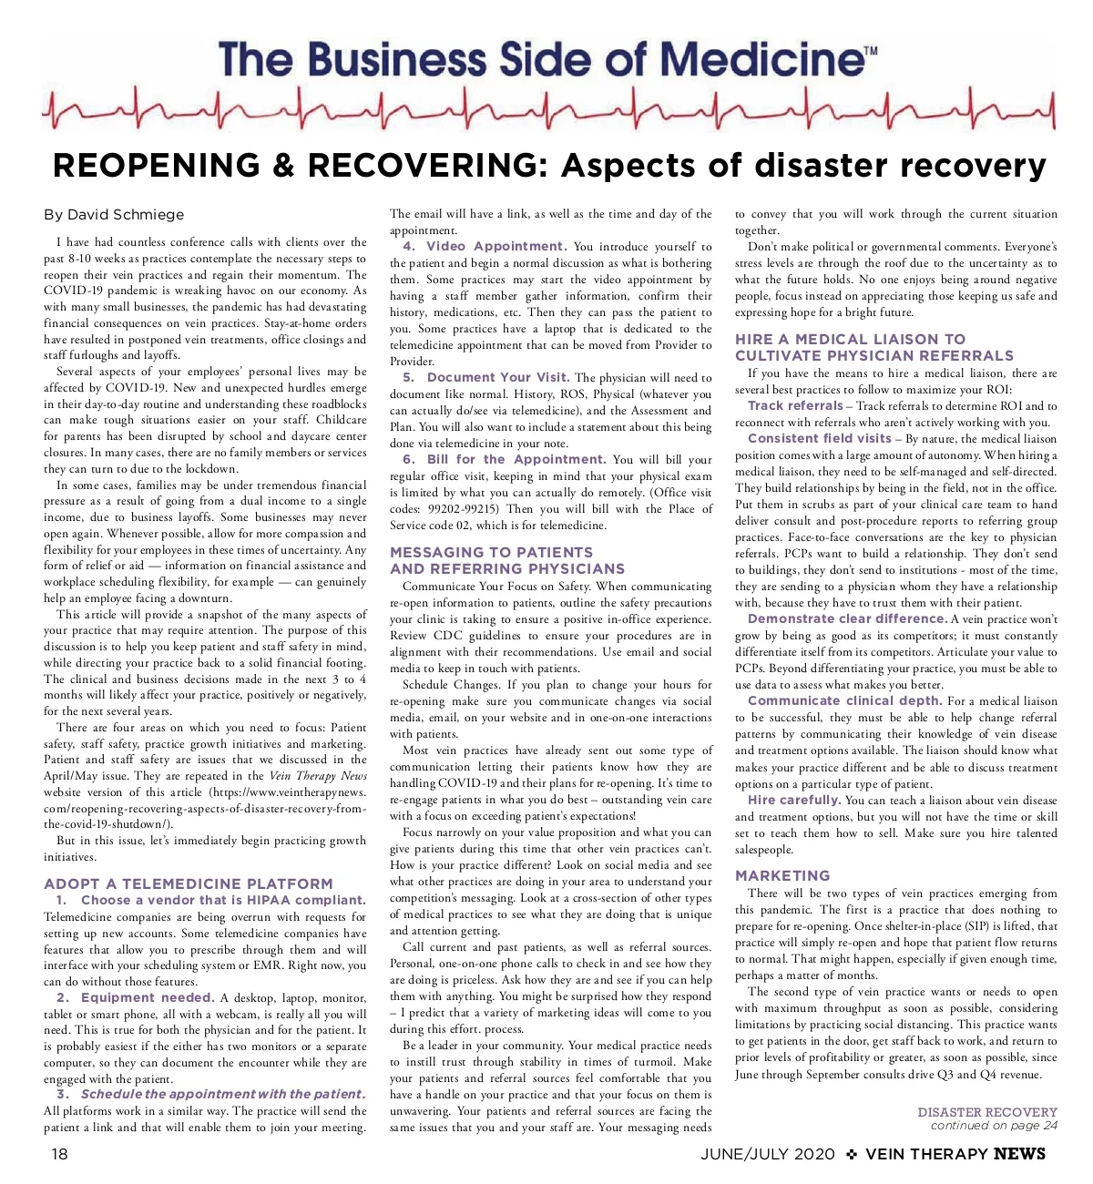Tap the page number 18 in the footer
pyautogui.click(x=59, y=1154)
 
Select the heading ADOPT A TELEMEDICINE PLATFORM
pyautogui.click(x=189, y=883)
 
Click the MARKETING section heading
pyautogui.click(x=782, y=875)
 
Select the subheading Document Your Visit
pyautogui.click(x=498, y=377)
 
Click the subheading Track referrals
pyautogui.click(x=795, y=405)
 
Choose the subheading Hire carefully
pyautogui.click(x=793, y=800)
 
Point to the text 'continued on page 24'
pyautogui.click(x=994, y=1126)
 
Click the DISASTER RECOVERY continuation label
pyautogui.click(x=987, y=1112)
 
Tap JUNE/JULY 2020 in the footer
pyautogui.click(x=767, y=1154)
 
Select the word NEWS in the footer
pyautogui.click(x=1019, y=1154)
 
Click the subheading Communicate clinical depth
pyautogui.click(x=844, y=700)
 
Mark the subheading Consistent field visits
pyautogui.click(x=819, y=438)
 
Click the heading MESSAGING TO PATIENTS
pyautogui.click(x=491, y=552)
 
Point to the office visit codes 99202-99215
pyautogui.click(x=462, y=508)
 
